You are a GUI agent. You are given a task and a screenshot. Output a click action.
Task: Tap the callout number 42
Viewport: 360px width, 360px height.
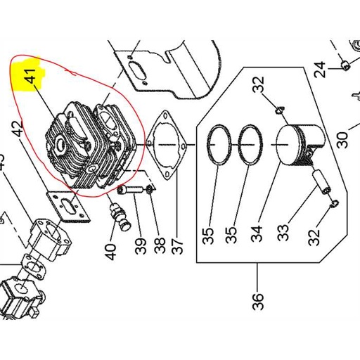click(x=18, y=129)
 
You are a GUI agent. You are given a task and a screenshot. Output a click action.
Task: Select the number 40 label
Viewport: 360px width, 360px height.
click(x=110, y=252)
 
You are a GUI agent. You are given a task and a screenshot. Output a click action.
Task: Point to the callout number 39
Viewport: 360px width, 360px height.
click(x=141, y=246)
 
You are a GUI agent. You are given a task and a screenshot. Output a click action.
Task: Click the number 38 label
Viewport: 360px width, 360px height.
click(x=160, y=245)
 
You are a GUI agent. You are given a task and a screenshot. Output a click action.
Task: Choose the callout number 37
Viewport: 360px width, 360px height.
click(x=177, y=246)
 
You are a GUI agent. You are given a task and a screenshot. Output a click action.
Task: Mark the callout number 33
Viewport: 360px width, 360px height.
click(x=283, y=233)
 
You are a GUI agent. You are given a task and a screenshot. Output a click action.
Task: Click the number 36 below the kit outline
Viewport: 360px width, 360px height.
click(x=258, y=302)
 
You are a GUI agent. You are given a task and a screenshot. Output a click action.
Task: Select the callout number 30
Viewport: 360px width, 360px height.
click(x=342, y=140)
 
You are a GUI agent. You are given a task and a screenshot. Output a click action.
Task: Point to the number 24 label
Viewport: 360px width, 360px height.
click(x=320, y=70)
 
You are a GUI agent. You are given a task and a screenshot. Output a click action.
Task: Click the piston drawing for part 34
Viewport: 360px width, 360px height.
click(x=301, y=146)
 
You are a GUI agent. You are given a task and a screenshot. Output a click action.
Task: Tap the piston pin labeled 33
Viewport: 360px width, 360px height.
click(x=321, y=182)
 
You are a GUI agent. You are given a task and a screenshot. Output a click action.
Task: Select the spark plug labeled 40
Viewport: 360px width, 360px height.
click(x=120, y=217)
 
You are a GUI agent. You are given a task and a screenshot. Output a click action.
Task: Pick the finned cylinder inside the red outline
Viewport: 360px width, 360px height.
click(x=91, y=145)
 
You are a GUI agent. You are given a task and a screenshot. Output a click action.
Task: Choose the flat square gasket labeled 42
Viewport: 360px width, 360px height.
click(x=68, y=206)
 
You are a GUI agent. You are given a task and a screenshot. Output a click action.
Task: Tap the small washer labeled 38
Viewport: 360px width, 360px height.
click(x=149, y=188)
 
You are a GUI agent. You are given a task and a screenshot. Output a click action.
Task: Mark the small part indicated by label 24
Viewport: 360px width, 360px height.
click(x=345, y=65)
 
